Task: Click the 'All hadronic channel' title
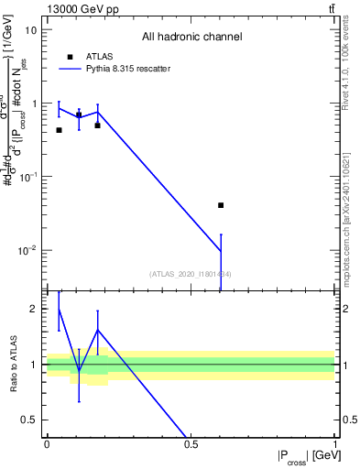click(191, 38)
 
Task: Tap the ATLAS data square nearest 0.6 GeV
click(221, 205)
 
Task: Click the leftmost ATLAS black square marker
click(59, 130)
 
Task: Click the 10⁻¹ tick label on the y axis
click(29, 176)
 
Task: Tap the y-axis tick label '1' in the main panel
click(35, 104)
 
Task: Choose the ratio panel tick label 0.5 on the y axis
click(30, 420)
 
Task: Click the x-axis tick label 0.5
click(191, 444)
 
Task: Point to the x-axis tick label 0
click(47, 444)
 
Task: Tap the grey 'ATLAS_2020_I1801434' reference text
click(191, 274)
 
